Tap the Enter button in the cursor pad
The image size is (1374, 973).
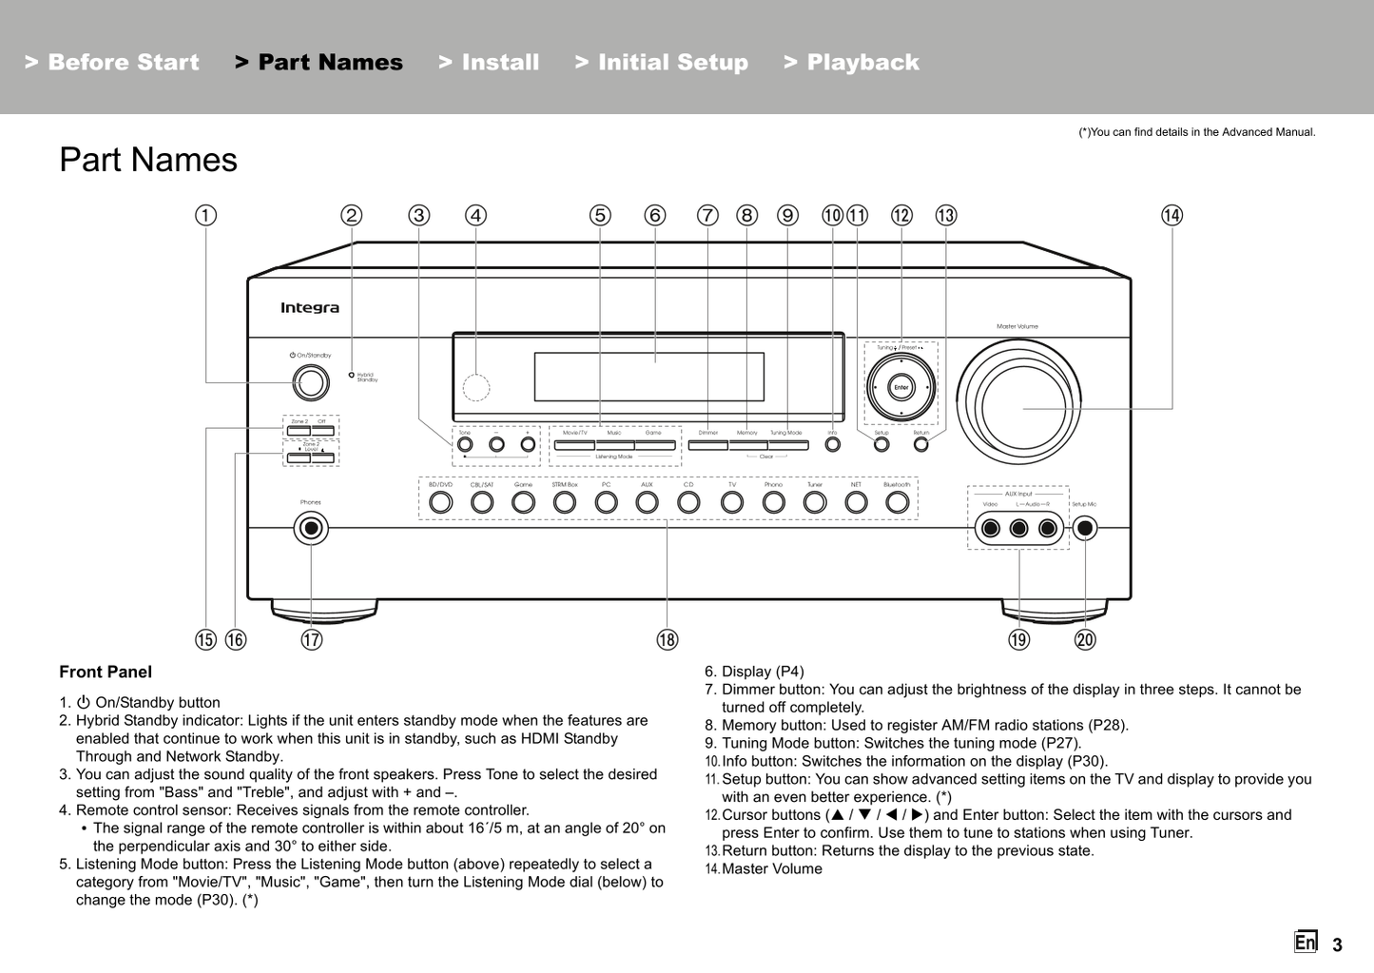pyautogui.click(x=900, y=387)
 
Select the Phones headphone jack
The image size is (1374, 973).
pyautogui.click(x=311, y=528)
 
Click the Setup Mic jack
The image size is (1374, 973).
pyautogui.click(x=1084, y=528)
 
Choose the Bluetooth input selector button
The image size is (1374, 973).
pyautogui.click(x=897, y=502)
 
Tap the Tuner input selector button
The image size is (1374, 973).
pyautogui.click(x=815, y=502)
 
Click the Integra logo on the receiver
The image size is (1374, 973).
pyautogui.click(x=309, y=308)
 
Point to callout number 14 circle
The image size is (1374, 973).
pyautogui.click(x=1171, y=216)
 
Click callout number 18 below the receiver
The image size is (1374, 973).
pyautogui.click(x=668, y=640)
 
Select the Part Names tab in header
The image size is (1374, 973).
pyautogui.click(x=319, y=63)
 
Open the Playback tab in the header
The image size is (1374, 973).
pyautogui.click(x=852, y=63)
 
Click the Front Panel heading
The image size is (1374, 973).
pyautogui.click(x=106, y=672)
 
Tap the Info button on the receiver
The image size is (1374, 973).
pyautogui.click(x=833, y=444)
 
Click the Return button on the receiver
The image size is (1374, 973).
pyautogui.click(x=921, y=444)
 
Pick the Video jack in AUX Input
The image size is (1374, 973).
pyautogui.click(x=991, y=528)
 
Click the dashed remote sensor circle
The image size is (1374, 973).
pyautogui.click(x=476, y=387)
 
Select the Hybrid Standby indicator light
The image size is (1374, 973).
pyautogui.click(x=351, y=376)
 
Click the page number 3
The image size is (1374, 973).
pyautogui.click(x=1337, y=944)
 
